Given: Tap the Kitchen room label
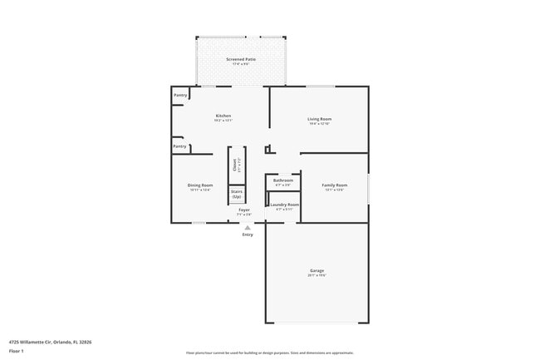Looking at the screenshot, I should (223, 116).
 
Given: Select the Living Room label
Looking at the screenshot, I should (319, 119).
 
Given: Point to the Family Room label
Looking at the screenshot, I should (335, 185).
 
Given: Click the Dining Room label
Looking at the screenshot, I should (200, 185).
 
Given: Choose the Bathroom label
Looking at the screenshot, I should (283, 180).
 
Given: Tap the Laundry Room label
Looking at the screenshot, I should (283, 205).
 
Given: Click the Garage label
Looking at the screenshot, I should (317, 270).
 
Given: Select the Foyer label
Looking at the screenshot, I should (244, 210).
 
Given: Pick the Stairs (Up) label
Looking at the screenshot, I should (237, 193).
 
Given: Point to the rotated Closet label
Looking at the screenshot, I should (234, 165).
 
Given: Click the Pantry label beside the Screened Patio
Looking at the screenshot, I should (180, 96).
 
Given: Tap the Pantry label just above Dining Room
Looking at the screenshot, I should (179, 146).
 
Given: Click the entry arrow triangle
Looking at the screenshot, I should (247, 226).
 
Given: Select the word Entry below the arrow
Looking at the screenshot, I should (248, 234).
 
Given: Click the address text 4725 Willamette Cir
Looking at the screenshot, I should (50, 341).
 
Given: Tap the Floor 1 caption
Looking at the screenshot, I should (17, 350).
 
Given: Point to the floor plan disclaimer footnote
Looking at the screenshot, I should (269, 353).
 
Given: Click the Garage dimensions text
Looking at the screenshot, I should (317, 275).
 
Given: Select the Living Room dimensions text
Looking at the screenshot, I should (319, 124).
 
